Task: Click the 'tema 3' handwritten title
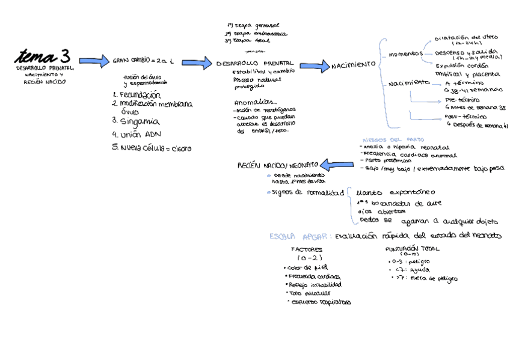pos(43,57)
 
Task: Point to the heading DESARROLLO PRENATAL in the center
pos(254,63)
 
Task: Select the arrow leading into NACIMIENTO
pos(313,66)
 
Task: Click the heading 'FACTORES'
pos(306,249)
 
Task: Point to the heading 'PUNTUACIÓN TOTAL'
pos(412,248)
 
